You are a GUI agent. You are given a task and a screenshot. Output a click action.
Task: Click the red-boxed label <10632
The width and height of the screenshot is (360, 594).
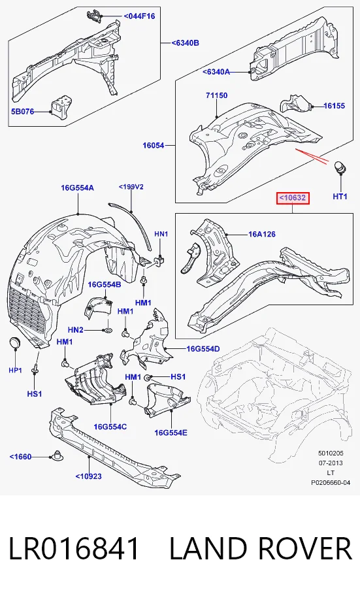293,198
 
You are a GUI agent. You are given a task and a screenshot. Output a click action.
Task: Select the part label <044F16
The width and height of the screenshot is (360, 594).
139,16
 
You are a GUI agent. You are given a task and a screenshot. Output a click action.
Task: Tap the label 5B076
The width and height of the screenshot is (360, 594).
22,111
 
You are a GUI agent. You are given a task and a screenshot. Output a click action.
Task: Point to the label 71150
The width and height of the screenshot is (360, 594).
217,95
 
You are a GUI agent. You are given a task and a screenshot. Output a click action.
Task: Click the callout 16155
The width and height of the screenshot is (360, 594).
335,106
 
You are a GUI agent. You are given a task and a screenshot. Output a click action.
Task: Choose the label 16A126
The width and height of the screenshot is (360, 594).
262,234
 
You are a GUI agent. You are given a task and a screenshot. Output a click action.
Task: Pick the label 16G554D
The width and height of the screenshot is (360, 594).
203,349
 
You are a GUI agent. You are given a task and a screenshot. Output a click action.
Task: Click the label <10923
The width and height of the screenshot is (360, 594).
89,476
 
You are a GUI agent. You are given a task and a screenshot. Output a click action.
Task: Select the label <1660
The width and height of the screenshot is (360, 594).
20,457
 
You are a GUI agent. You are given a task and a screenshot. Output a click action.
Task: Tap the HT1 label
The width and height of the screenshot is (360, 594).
340,197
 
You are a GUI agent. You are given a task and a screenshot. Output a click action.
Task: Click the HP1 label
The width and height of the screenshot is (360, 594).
15,370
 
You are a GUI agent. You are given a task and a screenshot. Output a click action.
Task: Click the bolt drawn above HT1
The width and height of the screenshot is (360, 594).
340,168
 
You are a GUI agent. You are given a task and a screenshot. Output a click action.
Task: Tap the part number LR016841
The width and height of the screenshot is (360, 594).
74,548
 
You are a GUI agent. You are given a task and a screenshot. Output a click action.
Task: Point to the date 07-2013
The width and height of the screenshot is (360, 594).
331,463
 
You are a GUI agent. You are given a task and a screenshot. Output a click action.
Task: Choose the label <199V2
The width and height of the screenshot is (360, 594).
131,187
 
